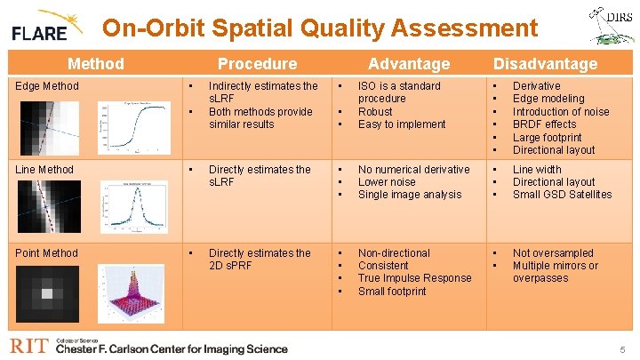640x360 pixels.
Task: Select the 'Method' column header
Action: pyautogui.click(x=96, y=63)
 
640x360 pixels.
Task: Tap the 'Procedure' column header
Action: pyautogui.click(x=257, y=63)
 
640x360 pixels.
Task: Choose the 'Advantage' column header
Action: pyautogui.click(x=409, y=63)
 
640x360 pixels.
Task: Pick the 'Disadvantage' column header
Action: pyautogui.click(x=545, y=63)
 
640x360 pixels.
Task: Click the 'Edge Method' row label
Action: pyautogui.click(x=48, y=86)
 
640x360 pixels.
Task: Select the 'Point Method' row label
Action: pyautogui.click(x=48, y=253)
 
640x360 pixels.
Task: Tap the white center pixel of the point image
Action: pyautogui.click(x=47, y=294)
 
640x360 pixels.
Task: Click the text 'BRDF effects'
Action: pyautogui.click(x=544, y=124)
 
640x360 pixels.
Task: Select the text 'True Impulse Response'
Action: pyautogui.click(x=414, y=278)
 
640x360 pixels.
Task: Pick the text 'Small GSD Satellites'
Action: pyautogui.click(x=562, y=195)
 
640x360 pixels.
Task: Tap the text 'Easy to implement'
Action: pyautogui.click(x=401, y=124)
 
